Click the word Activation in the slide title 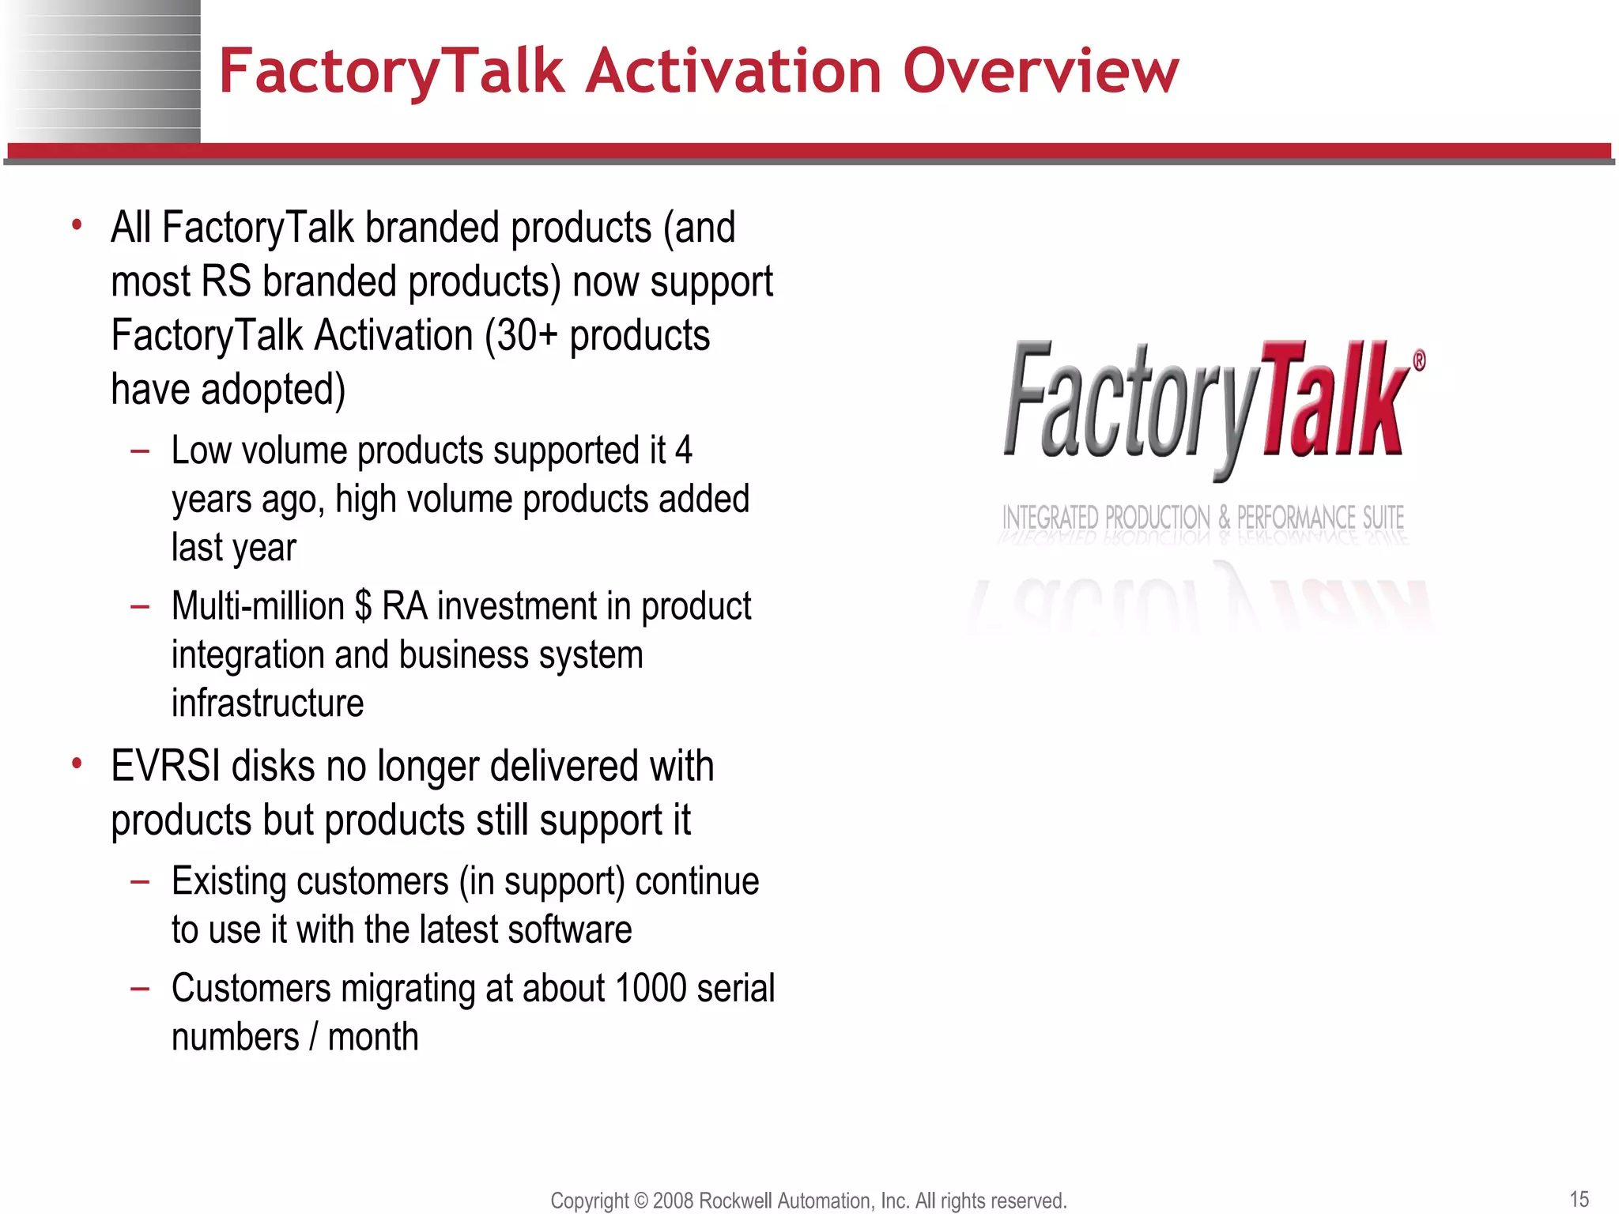(x=733, y=71)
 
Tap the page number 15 (x=1579, y=1199)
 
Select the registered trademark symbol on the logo (x=1419, y=361)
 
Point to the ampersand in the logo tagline (x=1224, y=518)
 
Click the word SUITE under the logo (x=1383, y=518)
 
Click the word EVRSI (x=165, y=767)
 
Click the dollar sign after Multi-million (x=363, y=607)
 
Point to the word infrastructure (x=267, y=703)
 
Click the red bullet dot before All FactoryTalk (x=77, y=226)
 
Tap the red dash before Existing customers (x=140, y=881)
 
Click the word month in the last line (x=372, y=1037)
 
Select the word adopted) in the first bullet (x=273, y=390)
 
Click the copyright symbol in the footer (x=640, y=1201)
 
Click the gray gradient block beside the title (x=103, y=71)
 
